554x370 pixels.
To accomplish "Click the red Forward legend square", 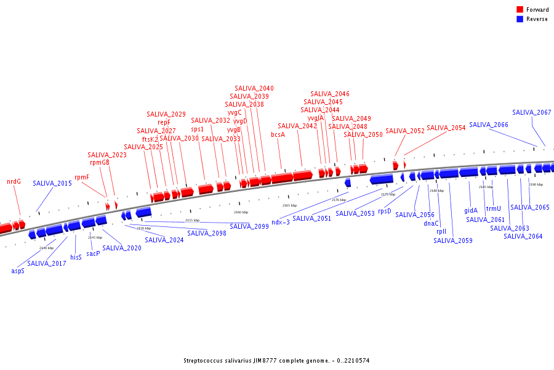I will (x=520, y=10).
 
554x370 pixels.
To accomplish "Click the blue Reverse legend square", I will (x=520, y=19).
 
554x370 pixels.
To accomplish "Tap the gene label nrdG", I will (x=14, y=181).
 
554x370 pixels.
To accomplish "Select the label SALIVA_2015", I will (x=52, y=183).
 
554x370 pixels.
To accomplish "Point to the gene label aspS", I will (x=18, y=271).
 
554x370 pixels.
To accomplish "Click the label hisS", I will (x=76, y=257).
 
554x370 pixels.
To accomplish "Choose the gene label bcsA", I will (x=278, y=134).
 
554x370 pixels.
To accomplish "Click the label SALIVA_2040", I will (x=254, y=88).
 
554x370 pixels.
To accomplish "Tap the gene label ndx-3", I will (x=281, y=222).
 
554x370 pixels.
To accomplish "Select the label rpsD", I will (x=384, y=211).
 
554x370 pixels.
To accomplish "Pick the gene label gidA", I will (x=471, y=210).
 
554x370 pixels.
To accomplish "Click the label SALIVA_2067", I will (x=532, y=112).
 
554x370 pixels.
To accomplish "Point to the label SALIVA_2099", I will (x=249, y=226).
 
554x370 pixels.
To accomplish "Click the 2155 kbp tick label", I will (x=192, y=220).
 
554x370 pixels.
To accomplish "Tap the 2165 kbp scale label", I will (x=289, y=205).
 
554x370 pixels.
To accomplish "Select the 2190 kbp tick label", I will (x=536, y=184).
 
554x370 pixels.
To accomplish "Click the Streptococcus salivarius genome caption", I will (x=276, y=361).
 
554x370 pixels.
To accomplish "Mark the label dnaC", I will (x=431, y=223).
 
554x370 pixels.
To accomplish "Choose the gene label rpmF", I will (x=82, y=177).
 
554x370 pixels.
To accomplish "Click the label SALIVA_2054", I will (x=446, y=128).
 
